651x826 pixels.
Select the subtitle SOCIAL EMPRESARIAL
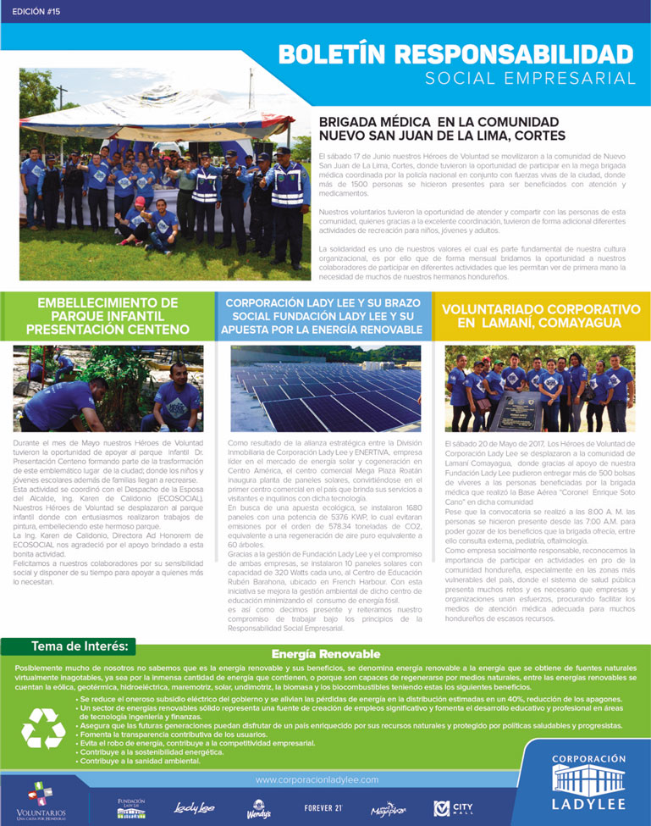coord(530,79)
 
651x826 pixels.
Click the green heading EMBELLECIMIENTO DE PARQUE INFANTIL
coord(108,315)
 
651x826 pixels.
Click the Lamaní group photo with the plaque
coord(540,388)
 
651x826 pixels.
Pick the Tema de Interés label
coord(80,646)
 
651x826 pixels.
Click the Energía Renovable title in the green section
coord(326,655)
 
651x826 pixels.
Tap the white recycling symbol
coord(43,728)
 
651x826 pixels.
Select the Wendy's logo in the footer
coord(259,809)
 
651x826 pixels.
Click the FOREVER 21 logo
coord(323,808)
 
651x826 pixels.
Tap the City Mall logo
coord(452,808)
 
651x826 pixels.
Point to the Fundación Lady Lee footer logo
coord(131,807)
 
